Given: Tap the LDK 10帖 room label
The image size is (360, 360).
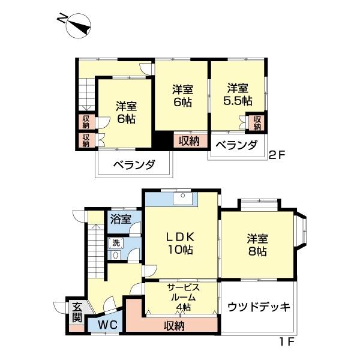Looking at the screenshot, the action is [x=181, y=243].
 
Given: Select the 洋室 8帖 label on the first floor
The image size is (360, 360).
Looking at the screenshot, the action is [x=257, y=245].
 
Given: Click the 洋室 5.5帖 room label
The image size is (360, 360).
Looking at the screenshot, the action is [x=238, y=94].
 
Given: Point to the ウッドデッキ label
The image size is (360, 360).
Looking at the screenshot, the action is [x=259, y=307].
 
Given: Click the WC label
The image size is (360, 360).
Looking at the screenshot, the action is [x=108, y=325].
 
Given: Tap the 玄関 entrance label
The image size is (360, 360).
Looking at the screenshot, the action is [x=77, y=313].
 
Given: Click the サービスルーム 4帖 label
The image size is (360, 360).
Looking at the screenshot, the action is [x=183, y=297].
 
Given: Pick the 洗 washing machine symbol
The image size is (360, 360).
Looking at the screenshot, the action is [x=116, y=243].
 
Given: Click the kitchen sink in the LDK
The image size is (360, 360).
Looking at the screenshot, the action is [x=183, y=198].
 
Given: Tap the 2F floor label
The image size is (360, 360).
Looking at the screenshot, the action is [x=277, y=155].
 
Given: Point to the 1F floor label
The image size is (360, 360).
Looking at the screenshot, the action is [x=287, y=342].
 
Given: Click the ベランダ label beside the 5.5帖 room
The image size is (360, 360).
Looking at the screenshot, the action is [x=236, y=145].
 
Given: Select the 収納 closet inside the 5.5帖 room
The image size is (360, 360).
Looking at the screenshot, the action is [x=257, y=122].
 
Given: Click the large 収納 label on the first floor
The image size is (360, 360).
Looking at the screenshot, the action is [x=174, y=326].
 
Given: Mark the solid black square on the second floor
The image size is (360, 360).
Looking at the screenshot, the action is [x=163, y=139].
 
